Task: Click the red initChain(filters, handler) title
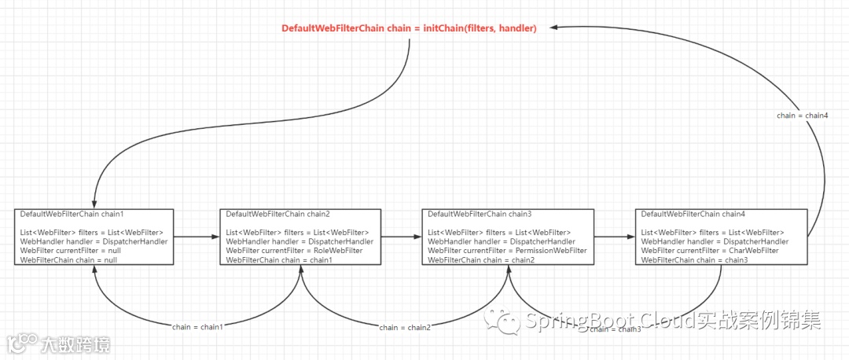pos(409,28)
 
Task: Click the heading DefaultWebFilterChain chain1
pos(72,214)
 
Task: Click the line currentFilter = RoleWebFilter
pos(294,251)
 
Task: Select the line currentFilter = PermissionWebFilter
pos(507,251)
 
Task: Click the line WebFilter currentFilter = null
pos(71,251)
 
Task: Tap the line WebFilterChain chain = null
pos(68,260)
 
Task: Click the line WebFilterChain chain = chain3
pos(693,260)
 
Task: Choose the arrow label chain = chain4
pos(802,116)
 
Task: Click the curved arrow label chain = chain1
pos(197,326)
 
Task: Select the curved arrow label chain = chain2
pos(405,327)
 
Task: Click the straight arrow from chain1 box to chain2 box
pos(196,236)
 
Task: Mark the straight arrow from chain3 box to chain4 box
pos(614,236)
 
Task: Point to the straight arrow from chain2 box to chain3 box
pos(401,236)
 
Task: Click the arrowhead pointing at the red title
pos(553,28)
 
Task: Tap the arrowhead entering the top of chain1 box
pos(94,204)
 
